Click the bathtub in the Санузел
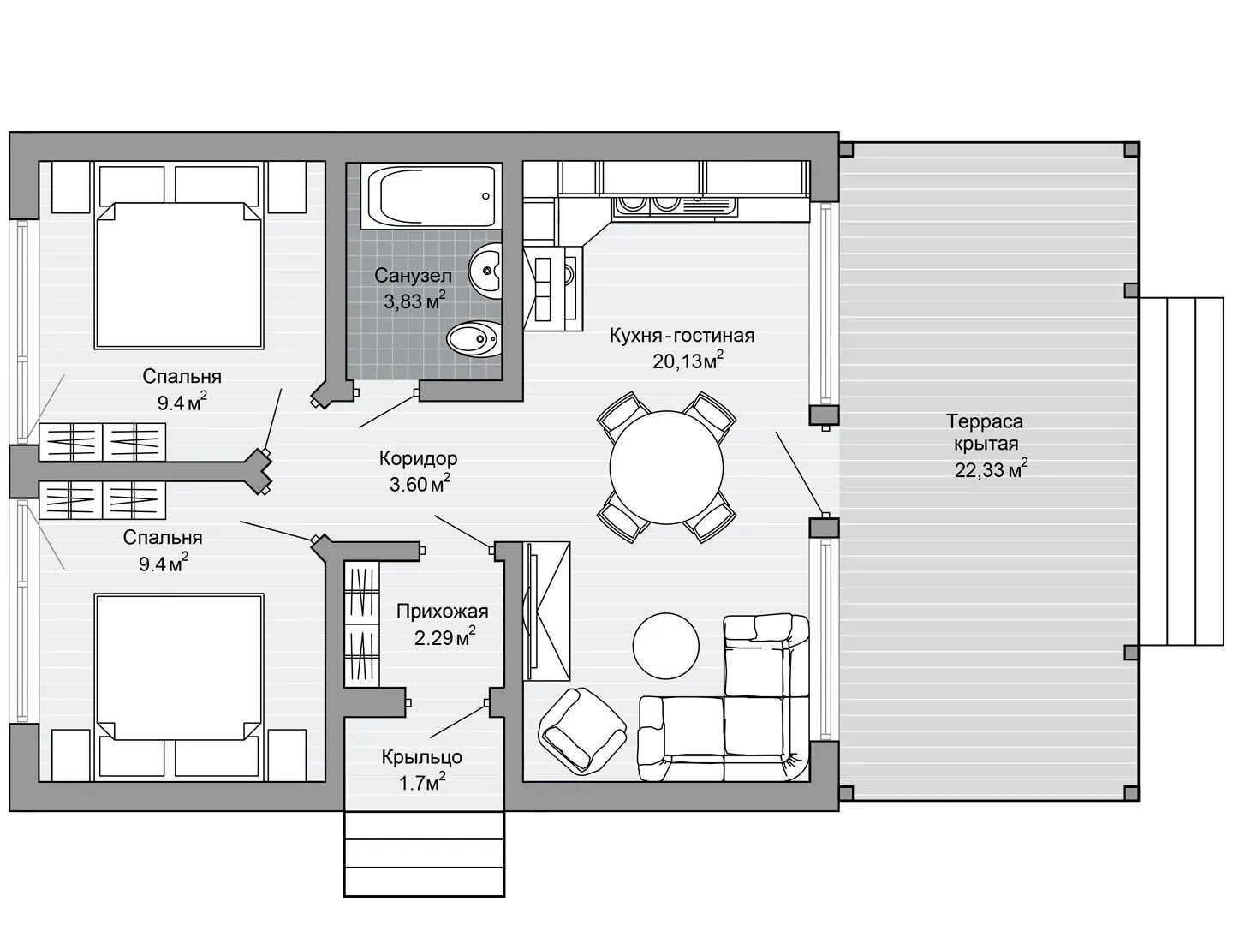coord(431,196)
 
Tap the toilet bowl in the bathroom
coord(474,338)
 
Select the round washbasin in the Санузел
coord(485,272)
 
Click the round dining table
coord(666,468)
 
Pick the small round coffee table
coord(665,646)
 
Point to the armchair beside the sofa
coord(582,731)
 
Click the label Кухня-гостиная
coord(682,336)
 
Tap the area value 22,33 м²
coord(992,468)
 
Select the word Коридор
coord(418,458)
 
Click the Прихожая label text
coord(442,611)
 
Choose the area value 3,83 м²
coord(414,301)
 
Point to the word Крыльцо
coord(422,757)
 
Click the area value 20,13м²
coord(688,360)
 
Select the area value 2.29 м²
coord(444,637)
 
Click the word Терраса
coord(985,421)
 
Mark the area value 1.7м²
coord(422,782)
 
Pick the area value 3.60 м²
coord(420,483)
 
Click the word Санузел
coord(413,276)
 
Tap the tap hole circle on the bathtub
coord(485,196)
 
